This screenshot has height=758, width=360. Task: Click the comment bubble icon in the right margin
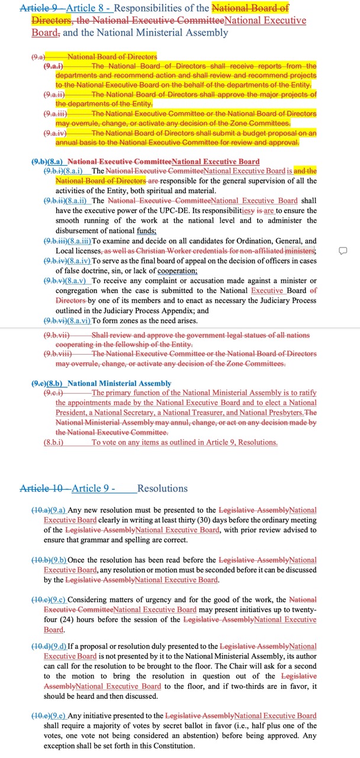(x=342, y=251)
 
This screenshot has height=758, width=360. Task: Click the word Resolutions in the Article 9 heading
(x=162, y=489)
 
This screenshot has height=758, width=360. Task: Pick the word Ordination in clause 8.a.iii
(x=238, y=241)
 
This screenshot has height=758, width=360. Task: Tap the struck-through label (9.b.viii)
(x=57, y=354)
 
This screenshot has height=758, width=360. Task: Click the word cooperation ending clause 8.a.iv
(x=176, y=271)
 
